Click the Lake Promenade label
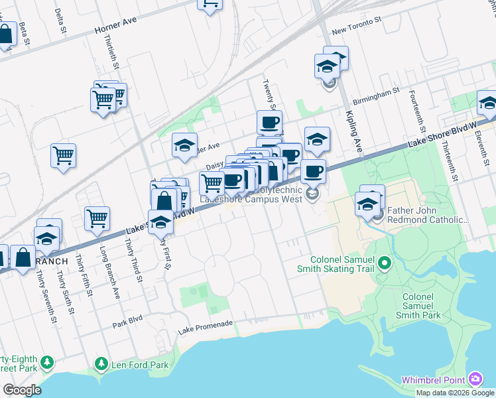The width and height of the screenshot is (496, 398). coord(206,323)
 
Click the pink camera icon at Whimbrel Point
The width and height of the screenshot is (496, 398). coord(475,379)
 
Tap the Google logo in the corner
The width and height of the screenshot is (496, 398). coord(21,390)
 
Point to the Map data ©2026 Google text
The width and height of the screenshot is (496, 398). coord(454,393)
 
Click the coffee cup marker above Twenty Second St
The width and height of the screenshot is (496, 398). coord(269,123)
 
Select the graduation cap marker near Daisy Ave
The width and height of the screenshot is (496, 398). coord(185,145)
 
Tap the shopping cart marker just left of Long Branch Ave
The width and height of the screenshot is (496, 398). coord(97,218)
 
